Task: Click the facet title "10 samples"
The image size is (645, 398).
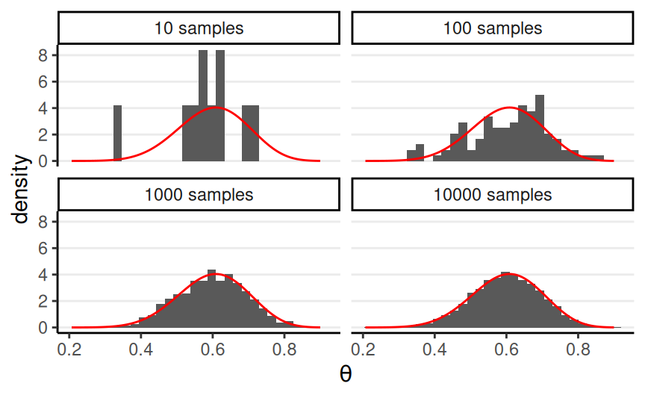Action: (199, 29)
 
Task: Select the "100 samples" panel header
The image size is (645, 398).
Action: (492, 29)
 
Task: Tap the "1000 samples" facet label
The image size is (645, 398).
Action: (199, 196)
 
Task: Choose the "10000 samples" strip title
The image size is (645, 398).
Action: (492, 196)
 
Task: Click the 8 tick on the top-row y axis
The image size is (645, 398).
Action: (43, 55)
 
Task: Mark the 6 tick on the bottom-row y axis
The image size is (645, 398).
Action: (43, 248)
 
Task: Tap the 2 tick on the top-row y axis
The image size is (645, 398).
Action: (43, 134)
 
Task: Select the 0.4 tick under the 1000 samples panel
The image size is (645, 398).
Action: (142, 348)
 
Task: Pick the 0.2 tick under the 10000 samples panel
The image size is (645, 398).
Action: (364, 348)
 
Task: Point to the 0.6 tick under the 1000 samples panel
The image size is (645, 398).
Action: (213, 348)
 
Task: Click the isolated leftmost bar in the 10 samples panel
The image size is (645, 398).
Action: (117, 133)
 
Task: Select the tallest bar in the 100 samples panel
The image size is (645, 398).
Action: (540, 128)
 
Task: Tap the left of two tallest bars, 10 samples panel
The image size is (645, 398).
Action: (203, 105)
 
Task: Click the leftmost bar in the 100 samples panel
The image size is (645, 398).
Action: (411, 155)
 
